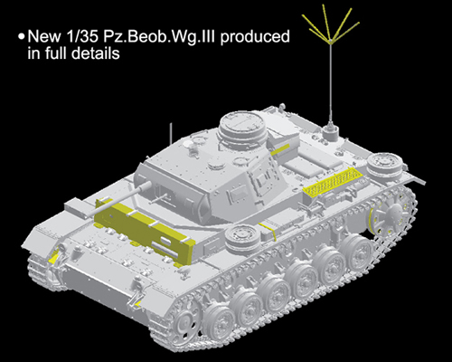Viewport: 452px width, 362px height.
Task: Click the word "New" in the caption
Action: coord(43,37)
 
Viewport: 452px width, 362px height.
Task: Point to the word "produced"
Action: coord(255,37)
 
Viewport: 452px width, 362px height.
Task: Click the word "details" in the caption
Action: coord(96,53)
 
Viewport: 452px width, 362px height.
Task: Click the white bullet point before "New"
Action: coord(21,37)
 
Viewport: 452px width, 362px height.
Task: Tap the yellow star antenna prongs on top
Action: coord(331,24)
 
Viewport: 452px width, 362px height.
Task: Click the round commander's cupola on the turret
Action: coord(243,127)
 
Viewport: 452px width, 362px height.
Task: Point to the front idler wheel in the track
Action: coord(183,325)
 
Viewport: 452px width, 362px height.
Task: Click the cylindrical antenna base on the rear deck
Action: coord(331,133)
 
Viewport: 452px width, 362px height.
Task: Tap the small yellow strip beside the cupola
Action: coord(280,149)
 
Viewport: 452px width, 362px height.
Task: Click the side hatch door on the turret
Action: coord(263,182)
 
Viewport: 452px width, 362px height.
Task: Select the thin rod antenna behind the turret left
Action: coord(171,133)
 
